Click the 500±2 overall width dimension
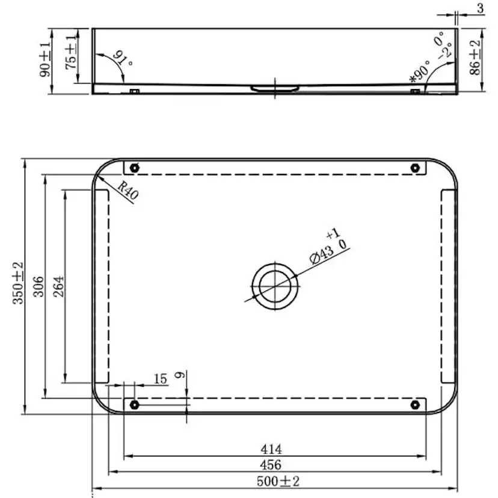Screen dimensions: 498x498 pos(278,481)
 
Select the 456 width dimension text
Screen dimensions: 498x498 pos(271,465)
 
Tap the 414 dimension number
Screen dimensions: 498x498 pos(271,449)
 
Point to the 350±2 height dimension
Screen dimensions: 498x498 pos(18,283)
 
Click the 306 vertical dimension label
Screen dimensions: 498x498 pos(38,286)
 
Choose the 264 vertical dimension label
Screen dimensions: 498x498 pos(58,286)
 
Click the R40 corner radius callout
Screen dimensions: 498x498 pos(128,190)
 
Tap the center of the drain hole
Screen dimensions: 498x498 pos(275,286)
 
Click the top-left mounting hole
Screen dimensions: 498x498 pos(135,168)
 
